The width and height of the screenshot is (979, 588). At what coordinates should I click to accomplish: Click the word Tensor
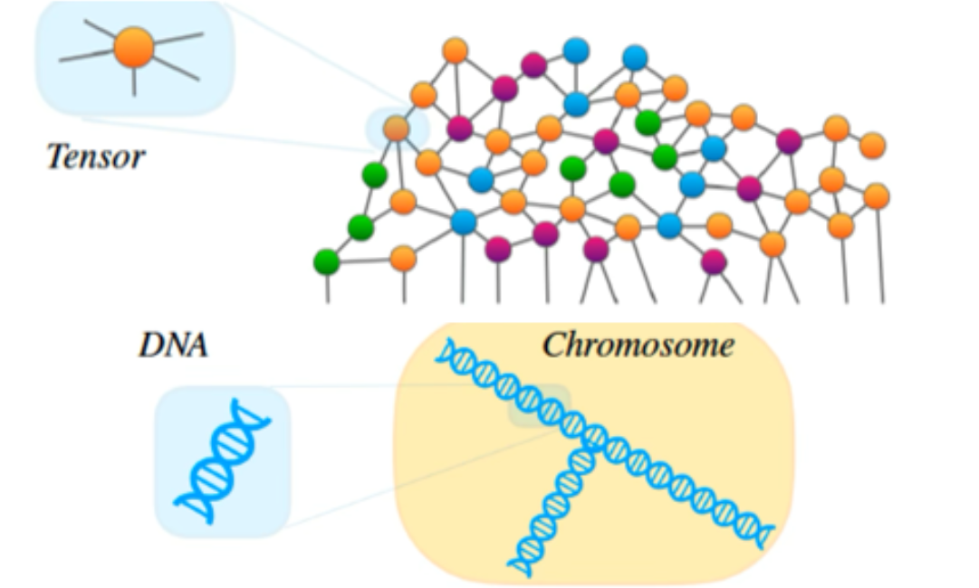click(x=96, y=157)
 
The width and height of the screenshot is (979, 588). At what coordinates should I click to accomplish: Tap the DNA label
click(x=173, y=344)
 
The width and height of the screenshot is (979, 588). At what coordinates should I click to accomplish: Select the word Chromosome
click(x=638, y=345)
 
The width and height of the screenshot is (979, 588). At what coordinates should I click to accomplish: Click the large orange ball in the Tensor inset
click(x=134, y=47)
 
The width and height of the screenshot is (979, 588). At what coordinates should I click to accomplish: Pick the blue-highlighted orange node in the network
click(x=396, y=128)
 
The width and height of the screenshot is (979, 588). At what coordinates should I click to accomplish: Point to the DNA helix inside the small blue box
click(x=222, y=461)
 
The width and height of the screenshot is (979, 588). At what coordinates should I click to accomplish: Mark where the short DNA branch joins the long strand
click(x=590, y=441)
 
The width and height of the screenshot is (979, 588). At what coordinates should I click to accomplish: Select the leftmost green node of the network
click(x=326, y=262)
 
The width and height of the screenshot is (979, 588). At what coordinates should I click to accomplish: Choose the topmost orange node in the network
click(x=456, y=51)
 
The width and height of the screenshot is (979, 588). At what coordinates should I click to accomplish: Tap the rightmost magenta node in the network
click(x=789, y=141)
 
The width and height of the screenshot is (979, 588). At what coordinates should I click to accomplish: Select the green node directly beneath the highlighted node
click(x=374, y=173)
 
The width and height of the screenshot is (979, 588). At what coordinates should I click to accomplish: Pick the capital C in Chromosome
click(x=553, y=345)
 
